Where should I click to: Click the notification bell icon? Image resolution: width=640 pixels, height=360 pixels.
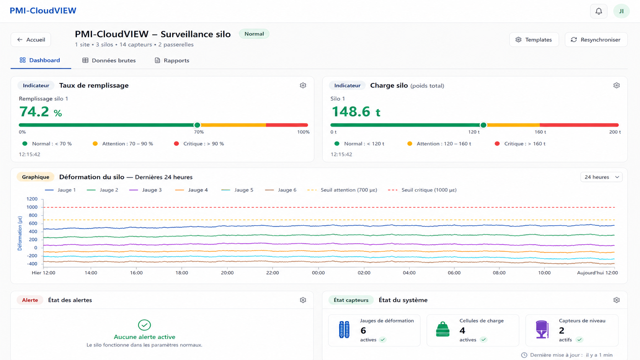coord(599,11)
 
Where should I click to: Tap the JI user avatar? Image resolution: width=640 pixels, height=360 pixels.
coord(621,11)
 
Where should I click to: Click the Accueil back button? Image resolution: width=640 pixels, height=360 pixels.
coord(31,40)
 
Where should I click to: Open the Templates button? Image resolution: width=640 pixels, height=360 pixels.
coord(534,40)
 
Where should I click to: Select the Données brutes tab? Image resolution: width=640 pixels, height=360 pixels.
coord(109,60)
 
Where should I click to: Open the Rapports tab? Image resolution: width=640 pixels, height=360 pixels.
coord(172,60)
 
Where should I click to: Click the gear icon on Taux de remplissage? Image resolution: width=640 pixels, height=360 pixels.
coord(303,85)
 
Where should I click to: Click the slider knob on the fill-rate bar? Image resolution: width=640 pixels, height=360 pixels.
coord(197,125)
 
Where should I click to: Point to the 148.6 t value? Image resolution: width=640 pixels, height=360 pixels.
coord(356,112)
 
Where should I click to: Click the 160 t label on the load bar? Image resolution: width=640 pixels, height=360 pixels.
coord(540,132)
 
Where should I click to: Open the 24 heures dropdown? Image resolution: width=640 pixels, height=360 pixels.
coord(601,177)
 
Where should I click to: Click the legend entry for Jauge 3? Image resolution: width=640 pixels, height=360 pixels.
coord(145,190)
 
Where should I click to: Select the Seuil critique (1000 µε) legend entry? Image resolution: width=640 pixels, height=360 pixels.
coord(422,190)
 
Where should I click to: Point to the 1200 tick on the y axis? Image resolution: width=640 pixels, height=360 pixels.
coord(32,199)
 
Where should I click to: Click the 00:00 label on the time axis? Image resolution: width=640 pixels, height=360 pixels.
coord(318,273)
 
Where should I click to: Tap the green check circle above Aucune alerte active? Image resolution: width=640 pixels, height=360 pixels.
coord(144,325)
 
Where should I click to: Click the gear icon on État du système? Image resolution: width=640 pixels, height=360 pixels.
coord(616,300)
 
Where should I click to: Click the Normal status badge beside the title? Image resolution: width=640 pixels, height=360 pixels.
coord(254,34)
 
